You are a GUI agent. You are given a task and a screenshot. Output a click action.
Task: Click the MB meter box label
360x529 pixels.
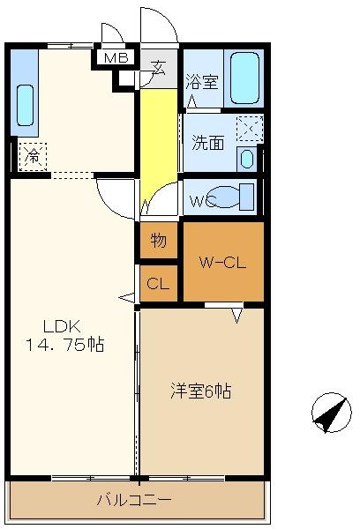[x=116, y=58]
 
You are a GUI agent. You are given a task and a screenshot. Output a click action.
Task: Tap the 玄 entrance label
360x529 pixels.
[x=158, y=67]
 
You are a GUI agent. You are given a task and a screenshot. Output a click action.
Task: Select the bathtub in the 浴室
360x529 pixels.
[x=244, y=78]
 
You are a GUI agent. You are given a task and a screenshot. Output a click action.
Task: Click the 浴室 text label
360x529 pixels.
[x=202, y=81]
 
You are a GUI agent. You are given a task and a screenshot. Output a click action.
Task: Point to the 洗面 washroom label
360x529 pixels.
[x=208, y=143]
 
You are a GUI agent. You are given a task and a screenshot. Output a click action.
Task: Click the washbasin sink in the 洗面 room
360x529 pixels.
[x=247, y=159]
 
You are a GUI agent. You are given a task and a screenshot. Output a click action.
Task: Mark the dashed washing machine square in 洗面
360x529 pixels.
[x=250, y=129]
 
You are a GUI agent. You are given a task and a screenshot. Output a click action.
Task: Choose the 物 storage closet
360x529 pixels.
[x=159, y=240]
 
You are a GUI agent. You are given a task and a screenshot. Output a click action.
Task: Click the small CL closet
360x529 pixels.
[x=159, y=283]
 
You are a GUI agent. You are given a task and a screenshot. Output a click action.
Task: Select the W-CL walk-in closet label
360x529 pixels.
[x=222, y=263]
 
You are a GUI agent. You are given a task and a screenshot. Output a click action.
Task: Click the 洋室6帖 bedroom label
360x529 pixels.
[x=201, y=391]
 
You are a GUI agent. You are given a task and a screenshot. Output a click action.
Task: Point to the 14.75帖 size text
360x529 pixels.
[x=64, y=345]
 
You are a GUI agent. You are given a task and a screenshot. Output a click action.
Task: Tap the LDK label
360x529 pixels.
[x=62, y=326]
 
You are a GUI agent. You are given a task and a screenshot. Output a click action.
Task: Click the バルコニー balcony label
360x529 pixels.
[x=134, y=499]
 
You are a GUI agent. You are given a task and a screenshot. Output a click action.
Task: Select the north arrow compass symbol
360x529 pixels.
[x=331, y=413]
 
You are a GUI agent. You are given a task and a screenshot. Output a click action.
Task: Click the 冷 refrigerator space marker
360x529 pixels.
[x=33, y=157]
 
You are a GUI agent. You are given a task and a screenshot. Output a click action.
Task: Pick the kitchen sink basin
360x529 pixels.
[x=26, y=106]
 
